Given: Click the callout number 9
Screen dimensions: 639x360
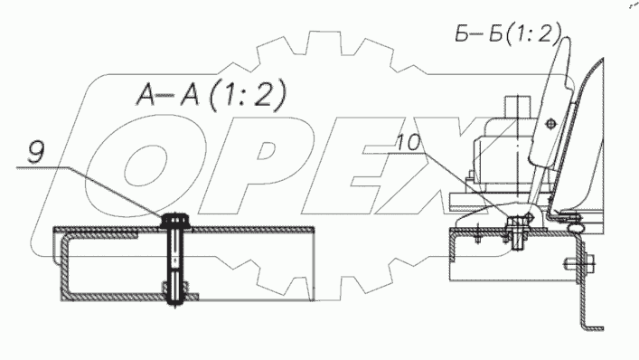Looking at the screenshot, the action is click(36, 152).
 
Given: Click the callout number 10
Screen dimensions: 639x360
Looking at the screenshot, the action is click(409, 143).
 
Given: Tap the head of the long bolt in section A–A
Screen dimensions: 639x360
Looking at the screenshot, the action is click(174, 221).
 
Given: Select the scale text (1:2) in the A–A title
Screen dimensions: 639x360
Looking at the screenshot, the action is click(248, 96).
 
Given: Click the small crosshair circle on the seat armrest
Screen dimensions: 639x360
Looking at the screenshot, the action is click(550, 123).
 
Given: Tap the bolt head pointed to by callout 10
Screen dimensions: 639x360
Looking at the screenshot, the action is click(516, 223).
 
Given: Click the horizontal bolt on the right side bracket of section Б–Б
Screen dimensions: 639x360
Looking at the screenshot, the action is click(580, 263).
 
